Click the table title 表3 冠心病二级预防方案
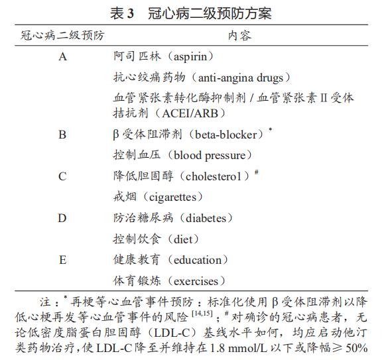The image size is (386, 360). pos(192,13)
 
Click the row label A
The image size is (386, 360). pos(63,57)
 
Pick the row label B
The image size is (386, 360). pos(63,135)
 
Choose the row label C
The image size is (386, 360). pos(63,176)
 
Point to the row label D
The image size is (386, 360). pos(63,218)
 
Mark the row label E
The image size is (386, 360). pos(63,259)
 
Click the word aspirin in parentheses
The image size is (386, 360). pos(197,57)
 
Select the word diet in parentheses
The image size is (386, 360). pos(182,239)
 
